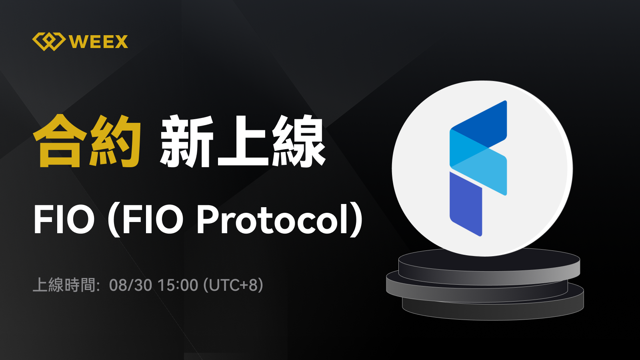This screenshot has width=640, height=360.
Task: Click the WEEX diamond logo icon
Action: pos(49,42)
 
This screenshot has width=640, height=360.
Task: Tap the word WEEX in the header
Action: pos(98,42)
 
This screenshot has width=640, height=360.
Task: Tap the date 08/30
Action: pos(130,285)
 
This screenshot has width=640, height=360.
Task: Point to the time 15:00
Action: pos(178,285)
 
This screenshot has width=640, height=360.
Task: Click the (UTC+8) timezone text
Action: pos(233,285)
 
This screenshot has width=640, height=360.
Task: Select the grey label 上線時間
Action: pos(64,285)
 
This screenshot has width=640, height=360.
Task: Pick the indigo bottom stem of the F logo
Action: pos(466,204)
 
